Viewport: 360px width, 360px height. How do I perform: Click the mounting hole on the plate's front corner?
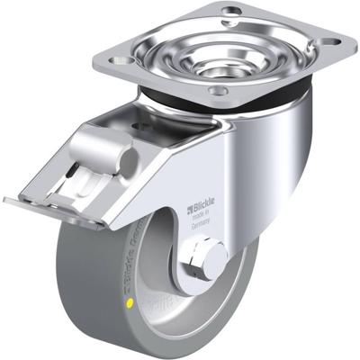pyautogui.click(x=220, y=92)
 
